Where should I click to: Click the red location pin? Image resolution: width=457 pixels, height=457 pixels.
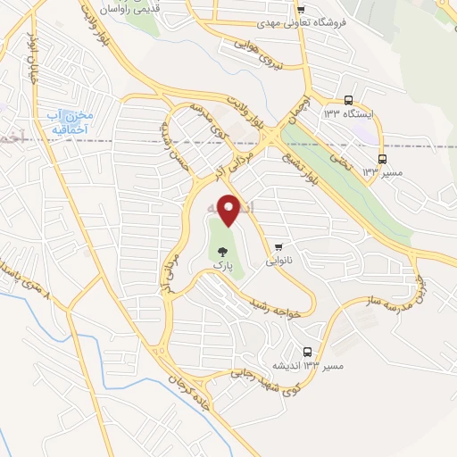(x=231, y=209)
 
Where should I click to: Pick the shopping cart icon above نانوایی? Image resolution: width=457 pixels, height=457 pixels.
(x=279, y=247)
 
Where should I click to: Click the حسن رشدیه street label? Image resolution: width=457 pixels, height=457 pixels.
(x=175, y=147)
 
